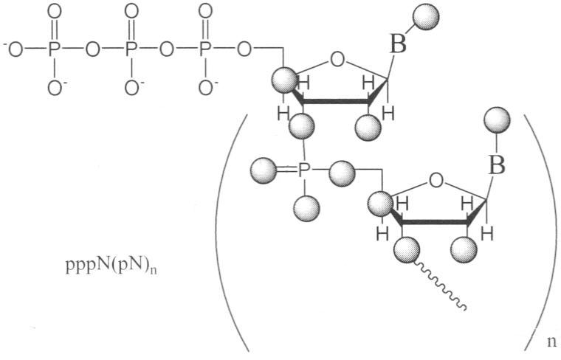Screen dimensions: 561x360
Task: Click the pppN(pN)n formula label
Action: pyautogui.click(x=111, y=266)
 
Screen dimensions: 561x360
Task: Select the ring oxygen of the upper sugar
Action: pyautogui.click(x=337, y=60)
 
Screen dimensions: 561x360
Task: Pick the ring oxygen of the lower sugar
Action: pyautogui.click(x=436, y=181)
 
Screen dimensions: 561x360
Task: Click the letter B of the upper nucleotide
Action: pyautogui.click(x=398, y=46)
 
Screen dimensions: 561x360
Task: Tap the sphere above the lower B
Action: pyautogui.click(x=497, y=120)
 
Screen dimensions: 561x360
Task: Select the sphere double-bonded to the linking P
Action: pyautogui.click(x=264, y=170)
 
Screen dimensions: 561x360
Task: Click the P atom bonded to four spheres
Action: pyautogui.click(x=303, y=171)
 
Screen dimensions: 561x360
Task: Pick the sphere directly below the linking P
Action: pyautogui.click(x=306, y=208)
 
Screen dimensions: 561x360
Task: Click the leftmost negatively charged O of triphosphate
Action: pyautogui.click(x=13, y=50)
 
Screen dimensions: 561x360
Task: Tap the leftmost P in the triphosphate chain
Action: pyautogui.click(x=54, y=50)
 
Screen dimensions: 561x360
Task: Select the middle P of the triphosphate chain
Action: pyautogui.click(x=131, y=50)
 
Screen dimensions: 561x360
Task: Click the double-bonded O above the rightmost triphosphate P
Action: pyautogui.click(x=205, y=11)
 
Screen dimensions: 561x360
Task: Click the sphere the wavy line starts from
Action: pyautogui.click(x=407, y=249)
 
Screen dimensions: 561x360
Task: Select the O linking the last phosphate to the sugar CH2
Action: pyautogui.click(x=244, y=50)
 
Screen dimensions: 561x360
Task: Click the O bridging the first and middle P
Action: pyautogui.click(x=92, y=50)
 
